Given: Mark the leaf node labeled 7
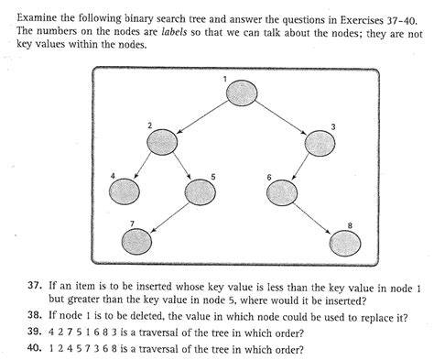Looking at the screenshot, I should click(x=138, y=241).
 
